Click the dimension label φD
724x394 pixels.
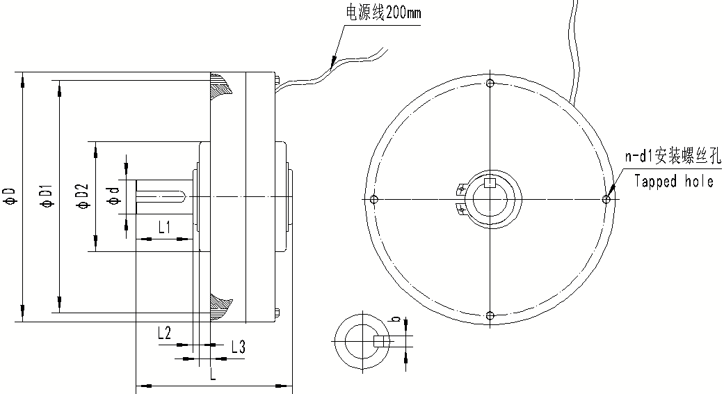pyautogui.click(x=10, y=197)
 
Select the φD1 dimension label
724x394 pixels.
pyautogui.click(x=45, y=196)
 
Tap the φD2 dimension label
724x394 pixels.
pyautogui.click(x=81, y=196)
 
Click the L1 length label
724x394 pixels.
pyautogui.click(x=164, y=227)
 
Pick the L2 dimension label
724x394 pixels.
pyautogui.click(x=164, y=333)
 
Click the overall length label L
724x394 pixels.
pyautogui.click(x=213, y=375)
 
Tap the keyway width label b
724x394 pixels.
pyautogui.click(x=396, y=320)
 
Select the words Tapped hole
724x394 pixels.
pyautogui.click(x=674, y=182)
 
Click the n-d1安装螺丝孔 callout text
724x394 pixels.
pyautogui.click(x=673, y=157)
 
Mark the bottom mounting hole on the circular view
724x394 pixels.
pyautogui.click(x=490, y=315)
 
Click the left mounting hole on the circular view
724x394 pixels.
pyautogui.click(x=374, y=200)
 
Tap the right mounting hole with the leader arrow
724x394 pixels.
pyautogui.click(x=606, y=200)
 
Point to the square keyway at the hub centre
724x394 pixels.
pyautogui.click(x=490, y=184)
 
